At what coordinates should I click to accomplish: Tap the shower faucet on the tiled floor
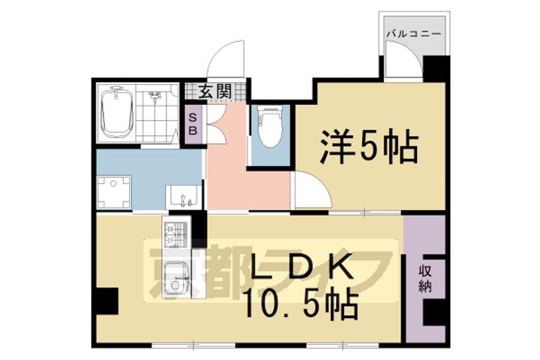tap(156, 97)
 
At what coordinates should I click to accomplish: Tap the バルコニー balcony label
tap(413, 34)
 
